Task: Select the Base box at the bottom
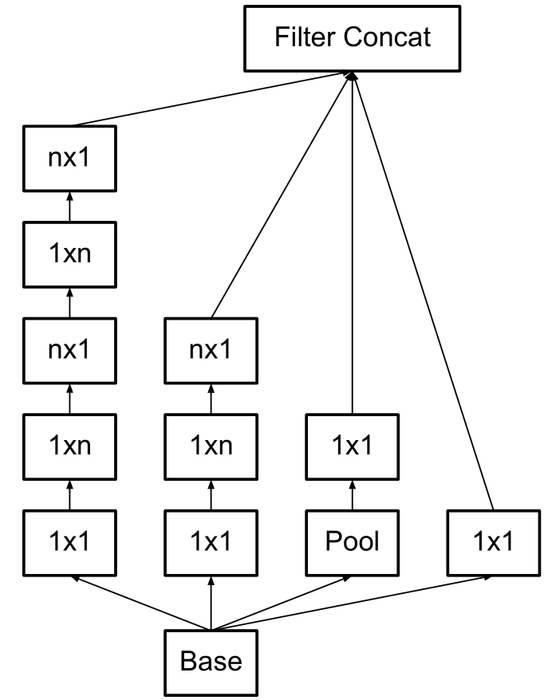(211, 661)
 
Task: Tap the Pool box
(351, 541)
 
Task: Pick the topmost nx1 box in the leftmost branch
(69, 158)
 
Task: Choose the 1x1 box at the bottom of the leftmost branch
(69, 541)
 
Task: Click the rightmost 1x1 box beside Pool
(493, 541)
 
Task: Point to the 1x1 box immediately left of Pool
(211, 541)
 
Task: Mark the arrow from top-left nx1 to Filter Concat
(211, 100)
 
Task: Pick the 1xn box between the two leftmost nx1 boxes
(69, 254)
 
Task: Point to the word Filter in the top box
(301, 37)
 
